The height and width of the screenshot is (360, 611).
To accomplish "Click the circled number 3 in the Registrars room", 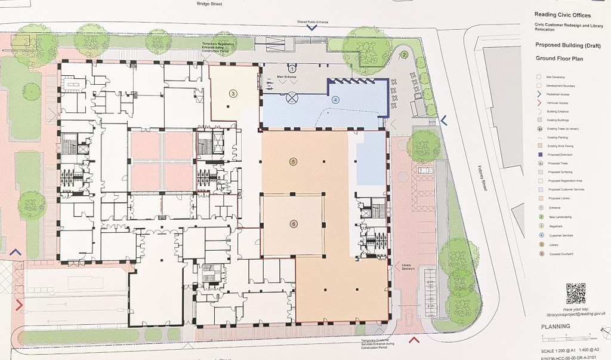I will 233,93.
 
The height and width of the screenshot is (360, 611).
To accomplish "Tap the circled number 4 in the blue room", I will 336,100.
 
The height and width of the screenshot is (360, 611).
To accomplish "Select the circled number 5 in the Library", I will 293,161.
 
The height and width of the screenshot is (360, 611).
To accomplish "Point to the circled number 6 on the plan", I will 293,224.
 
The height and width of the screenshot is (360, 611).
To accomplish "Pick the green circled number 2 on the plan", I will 404,55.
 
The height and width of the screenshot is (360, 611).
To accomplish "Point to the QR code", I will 575,293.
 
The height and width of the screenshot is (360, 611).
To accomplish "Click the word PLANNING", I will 556,327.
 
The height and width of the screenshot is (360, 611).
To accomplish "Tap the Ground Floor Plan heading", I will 559,59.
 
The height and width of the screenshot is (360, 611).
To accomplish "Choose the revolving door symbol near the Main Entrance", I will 292,96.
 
